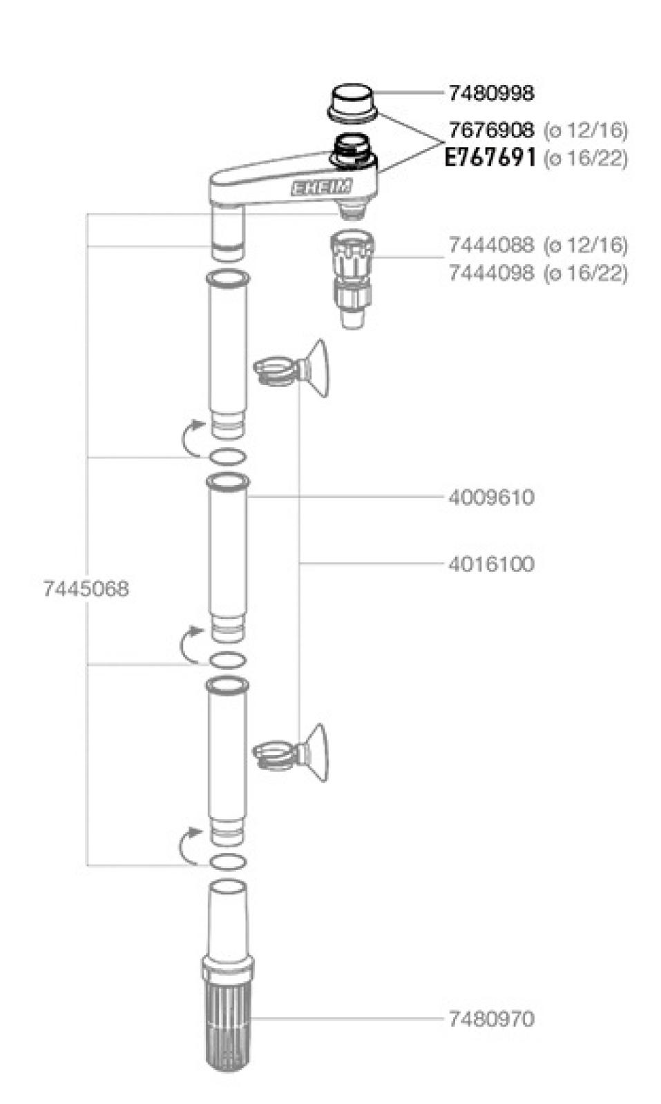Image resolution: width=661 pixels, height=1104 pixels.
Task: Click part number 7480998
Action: tap(491, 93)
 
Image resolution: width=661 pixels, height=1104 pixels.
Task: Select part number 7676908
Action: tap(491, 130)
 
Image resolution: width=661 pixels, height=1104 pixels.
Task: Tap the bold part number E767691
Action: tap(490, 158)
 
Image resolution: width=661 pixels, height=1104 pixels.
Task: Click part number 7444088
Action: tap(491, 245)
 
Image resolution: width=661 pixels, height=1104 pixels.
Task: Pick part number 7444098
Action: tap(491, 273)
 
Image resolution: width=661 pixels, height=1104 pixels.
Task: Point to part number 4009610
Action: tap(491, 497)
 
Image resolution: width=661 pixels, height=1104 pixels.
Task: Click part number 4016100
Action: tap(491, 564)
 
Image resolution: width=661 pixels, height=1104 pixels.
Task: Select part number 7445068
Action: tap(86, 589)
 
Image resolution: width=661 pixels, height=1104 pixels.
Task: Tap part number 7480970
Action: tap(491, 1018)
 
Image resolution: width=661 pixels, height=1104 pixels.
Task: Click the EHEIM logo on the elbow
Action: tap(321, 187)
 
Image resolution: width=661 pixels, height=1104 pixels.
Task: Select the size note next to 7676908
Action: tap(586, 130)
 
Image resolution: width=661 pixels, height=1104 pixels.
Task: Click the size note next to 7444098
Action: tap(586, 273)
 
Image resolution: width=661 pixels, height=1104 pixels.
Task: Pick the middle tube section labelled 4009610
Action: tap(227, 552)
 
